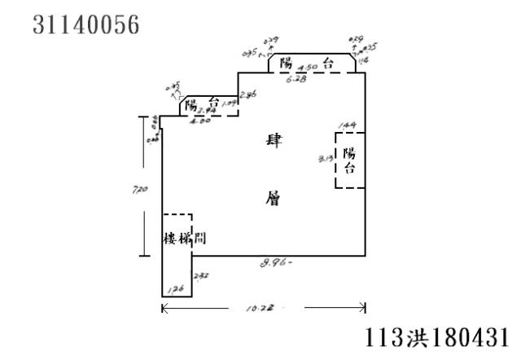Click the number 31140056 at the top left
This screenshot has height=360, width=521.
(x=86, y=25)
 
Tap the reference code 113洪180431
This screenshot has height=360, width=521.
(x=440, y=336)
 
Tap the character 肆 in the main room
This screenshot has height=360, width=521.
(x=274, y=141)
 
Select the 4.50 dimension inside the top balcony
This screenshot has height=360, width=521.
(x=307, y=68)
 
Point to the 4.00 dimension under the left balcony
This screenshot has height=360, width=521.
(x=199, y=121)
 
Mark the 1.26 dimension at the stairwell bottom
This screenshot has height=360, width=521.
(x=175, y=289)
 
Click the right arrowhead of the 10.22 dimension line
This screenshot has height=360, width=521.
(x=362, y=307)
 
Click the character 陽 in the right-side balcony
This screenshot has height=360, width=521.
(x=349, y=152)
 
